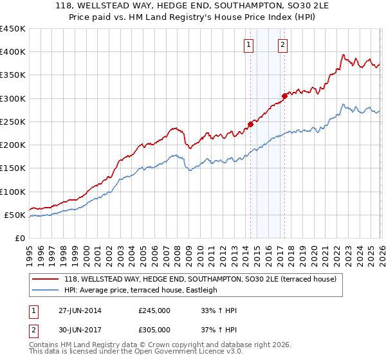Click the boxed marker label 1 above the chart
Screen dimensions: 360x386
pos(249,44)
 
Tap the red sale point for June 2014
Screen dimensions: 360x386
pos(251,124)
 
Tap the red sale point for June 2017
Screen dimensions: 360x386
pos(284,96)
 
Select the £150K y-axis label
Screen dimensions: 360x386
pos(14,168)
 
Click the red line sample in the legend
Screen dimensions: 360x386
pos(45,280)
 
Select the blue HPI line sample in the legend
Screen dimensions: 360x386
pos(45,290)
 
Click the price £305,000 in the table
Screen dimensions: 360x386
pos(154,329)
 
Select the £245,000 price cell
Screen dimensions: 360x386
pos(154,310)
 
